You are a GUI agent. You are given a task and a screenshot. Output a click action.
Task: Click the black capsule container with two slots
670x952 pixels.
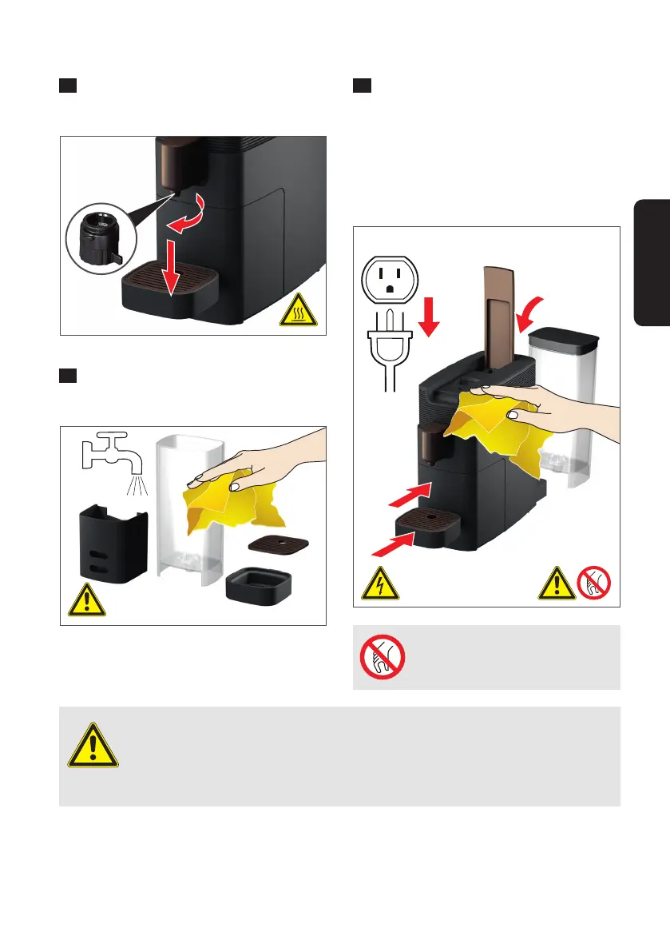[113, 542]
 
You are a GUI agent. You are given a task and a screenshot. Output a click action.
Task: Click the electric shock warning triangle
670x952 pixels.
[377, 585]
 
